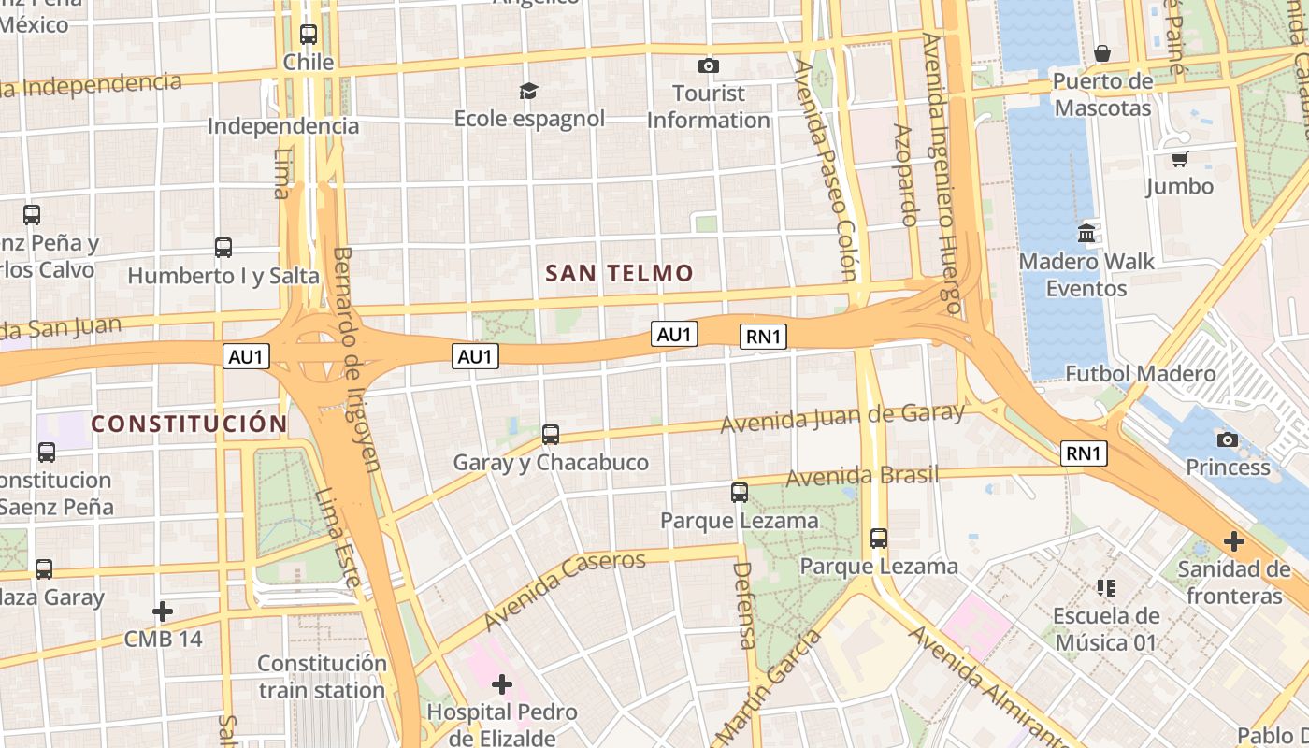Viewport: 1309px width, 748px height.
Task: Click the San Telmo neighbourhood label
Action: pyautogui.click(x=619, y=273)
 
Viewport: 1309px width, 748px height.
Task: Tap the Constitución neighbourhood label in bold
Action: pyautogui.click(x=189, y=424)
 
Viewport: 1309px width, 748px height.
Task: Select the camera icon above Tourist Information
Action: pyautogui.click(x=709, y=65)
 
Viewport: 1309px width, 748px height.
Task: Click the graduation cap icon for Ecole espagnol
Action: pyautogui.click(x=529, y=91)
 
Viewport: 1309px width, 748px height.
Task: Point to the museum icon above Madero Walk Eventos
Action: pyautogui.click(x=1086, y=233)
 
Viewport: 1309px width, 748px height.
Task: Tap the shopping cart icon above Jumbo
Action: pyautogui.click(x=1179, y=159)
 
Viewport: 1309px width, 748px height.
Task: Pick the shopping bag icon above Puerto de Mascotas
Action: pyautogui.click(x=1102, y=53)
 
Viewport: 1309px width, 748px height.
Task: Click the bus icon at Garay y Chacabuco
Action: pyautogui.click(x=551, y=435)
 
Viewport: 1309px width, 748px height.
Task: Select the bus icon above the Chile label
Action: pyautogui.click(x=309, y=35)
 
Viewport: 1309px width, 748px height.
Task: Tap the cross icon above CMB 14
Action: pyautogui.click(x=163, y=611)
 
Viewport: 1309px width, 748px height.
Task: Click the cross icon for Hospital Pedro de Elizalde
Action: pyautogui.click(x=502, y=684)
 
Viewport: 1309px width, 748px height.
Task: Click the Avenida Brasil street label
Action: pyautogui.click(x=861, y=476)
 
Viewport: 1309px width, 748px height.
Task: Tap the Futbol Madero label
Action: pyautogui.click(x=1141, y=374)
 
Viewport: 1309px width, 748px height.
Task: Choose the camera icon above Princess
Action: pyautogui.click(x=1228, y=439)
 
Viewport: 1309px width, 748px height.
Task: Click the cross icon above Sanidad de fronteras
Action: pyautogui.click(x=1234, y=540)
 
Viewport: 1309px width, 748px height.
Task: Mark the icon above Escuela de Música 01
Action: pyautogui.click(x=1106, y=588)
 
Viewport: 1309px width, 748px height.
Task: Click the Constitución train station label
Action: pyautogui.click(x=322, y=677)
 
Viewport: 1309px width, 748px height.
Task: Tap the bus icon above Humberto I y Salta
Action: pyautogui.click(x=223, y=248)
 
